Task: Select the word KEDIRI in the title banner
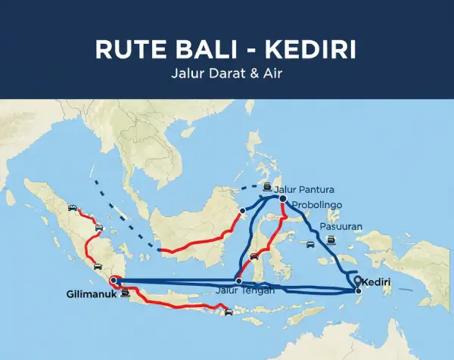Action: [311, 49]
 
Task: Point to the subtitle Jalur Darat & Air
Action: [226, 76]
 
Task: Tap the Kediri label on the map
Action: [377, 282]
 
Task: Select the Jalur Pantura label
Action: [303, 189]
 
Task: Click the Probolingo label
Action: [317, 205]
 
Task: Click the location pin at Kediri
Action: [357, 281]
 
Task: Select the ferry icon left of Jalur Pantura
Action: [268, 188]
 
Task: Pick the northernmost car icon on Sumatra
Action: [72, 206]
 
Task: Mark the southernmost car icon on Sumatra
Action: [97, 266]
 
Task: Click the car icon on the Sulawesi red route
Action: [255, 257]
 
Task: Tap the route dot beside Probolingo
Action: [282, 199]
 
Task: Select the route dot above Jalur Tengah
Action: [238, 281]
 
